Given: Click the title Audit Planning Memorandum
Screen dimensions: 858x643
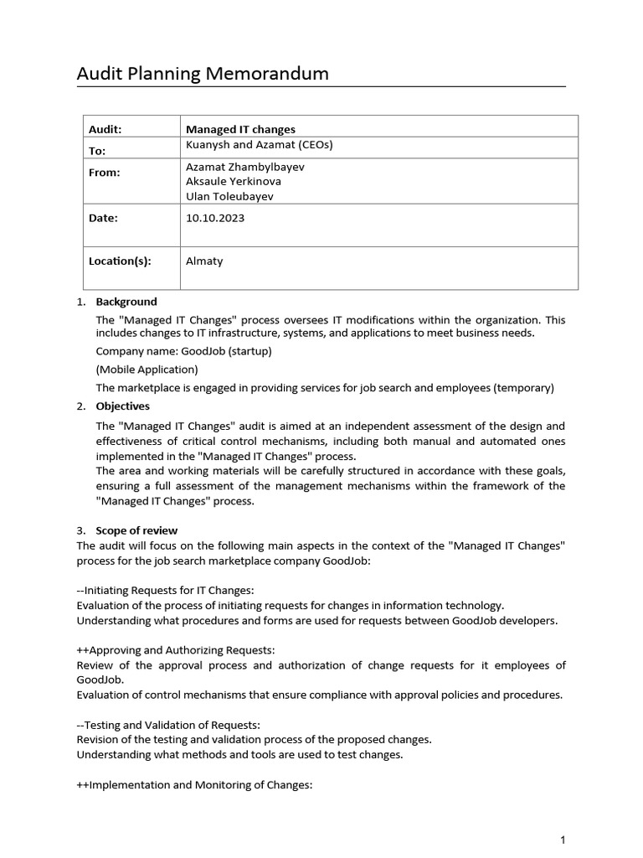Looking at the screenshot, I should click(x=203, y=74).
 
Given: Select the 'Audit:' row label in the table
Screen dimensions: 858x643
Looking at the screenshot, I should click(x=105, y=129).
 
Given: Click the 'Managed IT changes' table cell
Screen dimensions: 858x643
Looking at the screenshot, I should click(x=240, y=129).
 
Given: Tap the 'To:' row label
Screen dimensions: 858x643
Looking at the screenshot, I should click(x=98, y=151).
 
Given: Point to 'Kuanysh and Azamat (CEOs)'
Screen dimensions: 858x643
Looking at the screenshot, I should click(x=259, y=144).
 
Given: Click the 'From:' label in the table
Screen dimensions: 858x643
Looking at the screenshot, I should click(x=105, y=173).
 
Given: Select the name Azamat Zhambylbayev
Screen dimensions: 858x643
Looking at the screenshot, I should click(x=245, y=167).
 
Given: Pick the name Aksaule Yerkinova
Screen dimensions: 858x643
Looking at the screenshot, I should click(x=234, y=182).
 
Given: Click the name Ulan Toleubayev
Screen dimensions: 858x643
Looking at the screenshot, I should click(x=229, y=197).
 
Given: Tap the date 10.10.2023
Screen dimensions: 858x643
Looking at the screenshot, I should click(x=215, y=218).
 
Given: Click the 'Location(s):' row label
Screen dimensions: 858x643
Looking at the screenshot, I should click(x=120, y=261).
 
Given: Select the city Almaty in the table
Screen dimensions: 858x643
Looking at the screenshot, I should click(x=204, y=261).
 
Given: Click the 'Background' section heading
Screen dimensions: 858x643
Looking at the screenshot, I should click(x=126, y=302).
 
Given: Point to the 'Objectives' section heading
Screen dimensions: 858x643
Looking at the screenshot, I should click(x=123, y=406).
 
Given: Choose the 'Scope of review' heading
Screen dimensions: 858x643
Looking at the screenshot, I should click(x=136, y=530).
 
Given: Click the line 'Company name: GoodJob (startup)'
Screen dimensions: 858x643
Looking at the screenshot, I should click(x=183, y=351).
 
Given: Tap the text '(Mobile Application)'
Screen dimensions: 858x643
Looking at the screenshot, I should click(x=147, y=370).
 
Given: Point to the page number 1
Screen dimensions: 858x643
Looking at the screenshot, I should click(x=563, y=840).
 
